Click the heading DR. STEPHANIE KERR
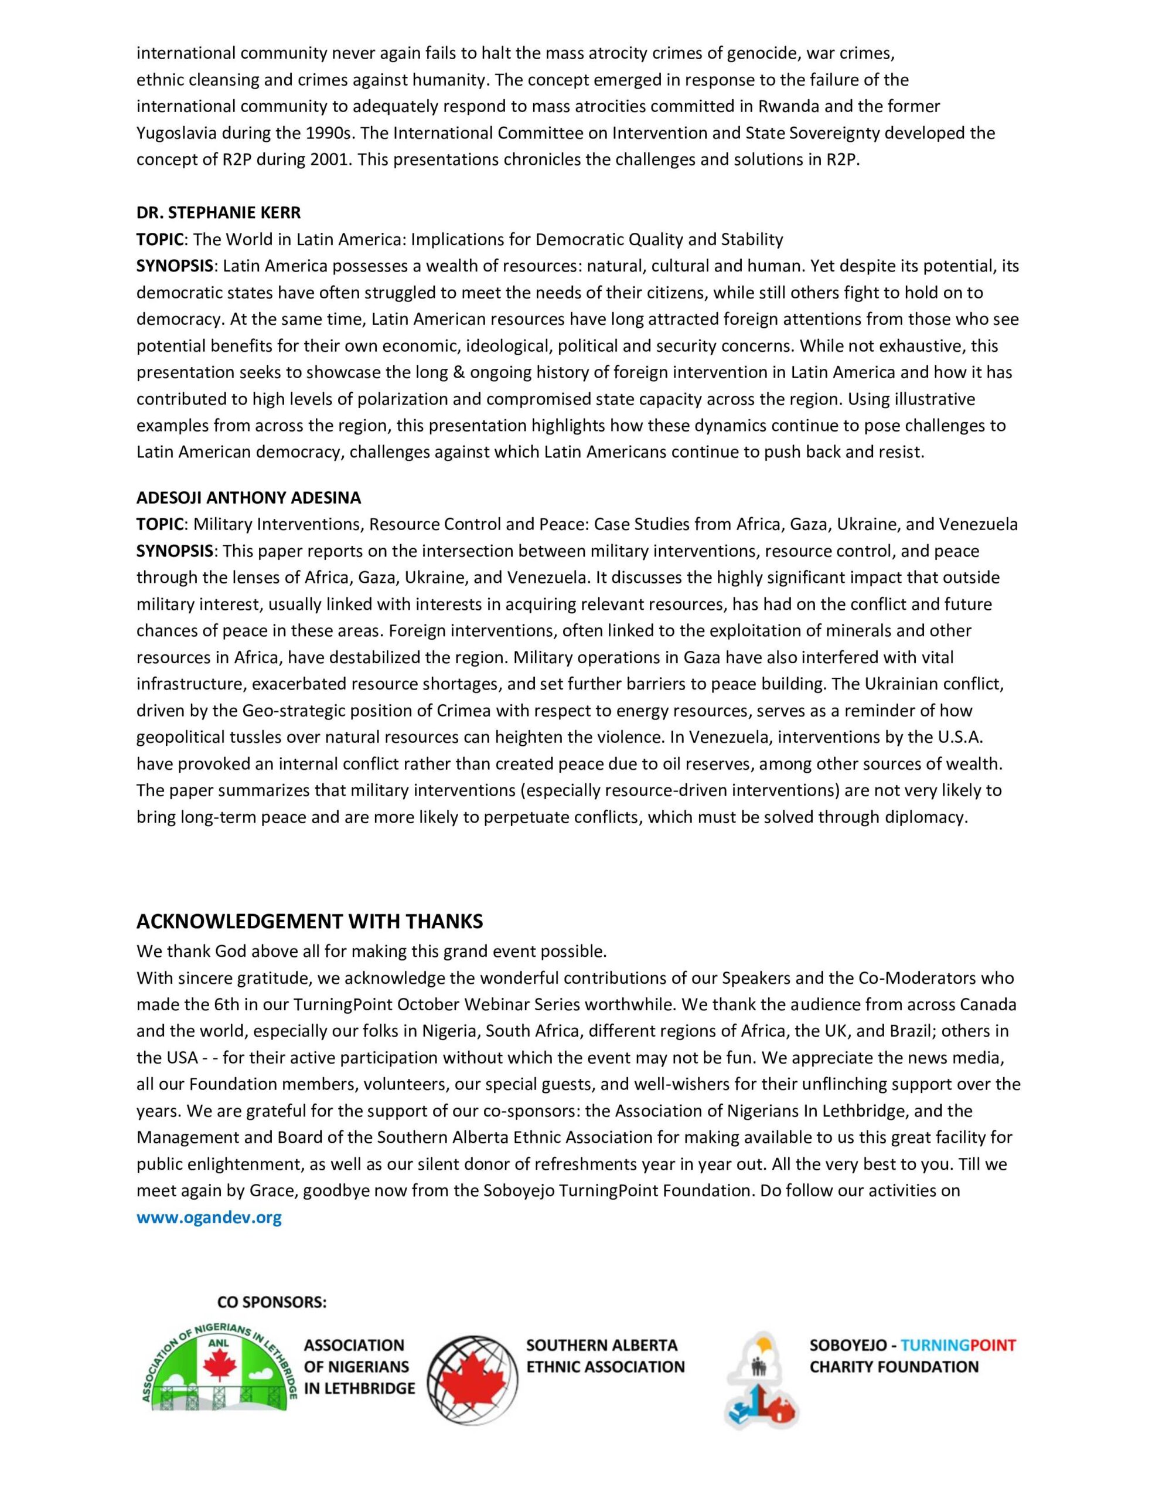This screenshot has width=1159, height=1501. [x=219, y=213]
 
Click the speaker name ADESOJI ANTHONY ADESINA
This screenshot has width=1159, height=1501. [x=248, y=497]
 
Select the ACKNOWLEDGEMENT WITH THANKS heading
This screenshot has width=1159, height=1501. [x=310, y=921]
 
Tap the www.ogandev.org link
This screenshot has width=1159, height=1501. [x=209, y=1217]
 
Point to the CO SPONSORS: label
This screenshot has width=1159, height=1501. [x=272, y=1302]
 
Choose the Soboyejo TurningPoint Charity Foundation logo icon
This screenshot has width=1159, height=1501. [x=762, y=1381]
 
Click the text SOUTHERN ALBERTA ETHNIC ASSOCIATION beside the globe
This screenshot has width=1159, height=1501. [x=605, y=1356]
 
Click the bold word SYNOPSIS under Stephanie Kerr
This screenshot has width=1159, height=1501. [x=175, y=266]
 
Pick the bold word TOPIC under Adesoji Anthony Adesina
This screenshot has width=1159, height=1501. [x=159, y=524]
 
